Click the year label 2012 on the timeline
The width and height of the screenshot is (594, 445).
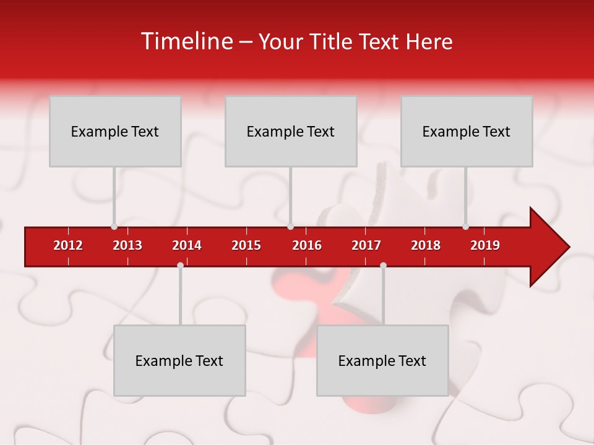click(68, 245)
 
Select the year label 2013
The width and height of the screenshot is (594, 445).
click(127, 245)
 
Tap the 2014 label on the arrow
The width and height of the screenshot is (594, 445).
click(187, 245)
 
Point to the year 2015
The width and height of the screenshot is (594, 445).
click(246, 245)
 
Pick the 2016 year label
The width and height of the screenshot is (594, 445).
click(307, 245)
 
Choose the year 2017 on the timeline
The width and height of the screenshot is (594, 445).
click(366, 245)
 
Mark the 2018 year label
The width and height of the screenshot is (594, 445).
click(426, 245)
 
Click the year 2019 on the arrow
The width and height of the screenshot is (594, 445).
click(485, 245)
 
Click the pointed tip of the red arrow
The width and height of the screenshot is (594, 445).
click(568, 247)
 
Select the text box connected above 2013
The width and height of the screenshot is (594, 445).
click(115, 131)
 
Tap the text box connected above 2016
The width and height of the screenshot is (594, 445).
click(291, 131)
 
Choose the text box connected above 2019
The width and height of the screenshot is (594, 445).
click(467, 131)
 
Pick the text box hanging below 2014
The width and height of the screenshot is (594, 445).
click(179, 360)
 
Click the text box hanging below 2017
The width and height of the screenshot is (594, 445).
click(382, 360)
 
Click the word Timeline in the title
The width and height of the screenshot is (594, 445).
click(186, 41)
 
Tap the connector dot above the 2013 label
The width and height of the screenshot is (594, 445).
click(114, 226)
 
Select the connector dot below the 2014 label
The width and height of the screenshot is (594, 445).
click(180, 265)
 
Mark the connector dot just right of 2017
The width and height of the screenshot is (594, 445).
click(383, 265)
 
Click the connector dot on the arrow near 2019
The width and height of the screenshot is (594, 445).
click(465, 226)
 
